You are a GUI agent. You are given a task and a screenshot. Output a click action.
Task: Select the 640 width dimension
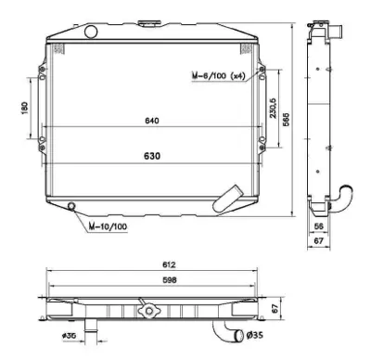(151, 119)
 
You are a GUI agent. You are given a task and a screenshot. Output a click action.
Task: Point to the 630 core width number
(151, 156)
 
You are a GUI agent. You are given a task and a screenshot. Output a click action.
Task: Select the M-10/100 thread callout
(109, 225)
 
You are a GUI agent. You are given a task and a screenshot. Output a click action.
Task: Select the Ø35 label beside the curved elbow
(253, 335)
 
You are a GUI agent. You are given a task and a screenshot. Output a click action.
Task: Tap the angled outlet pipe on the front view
(224, 197)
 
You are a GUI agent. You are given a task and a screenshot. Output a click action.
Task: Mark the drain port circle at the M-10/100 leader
(72, 206)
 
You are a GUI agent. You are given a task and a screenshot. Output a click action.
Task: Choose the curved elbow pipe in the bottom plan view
(224, 328)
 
